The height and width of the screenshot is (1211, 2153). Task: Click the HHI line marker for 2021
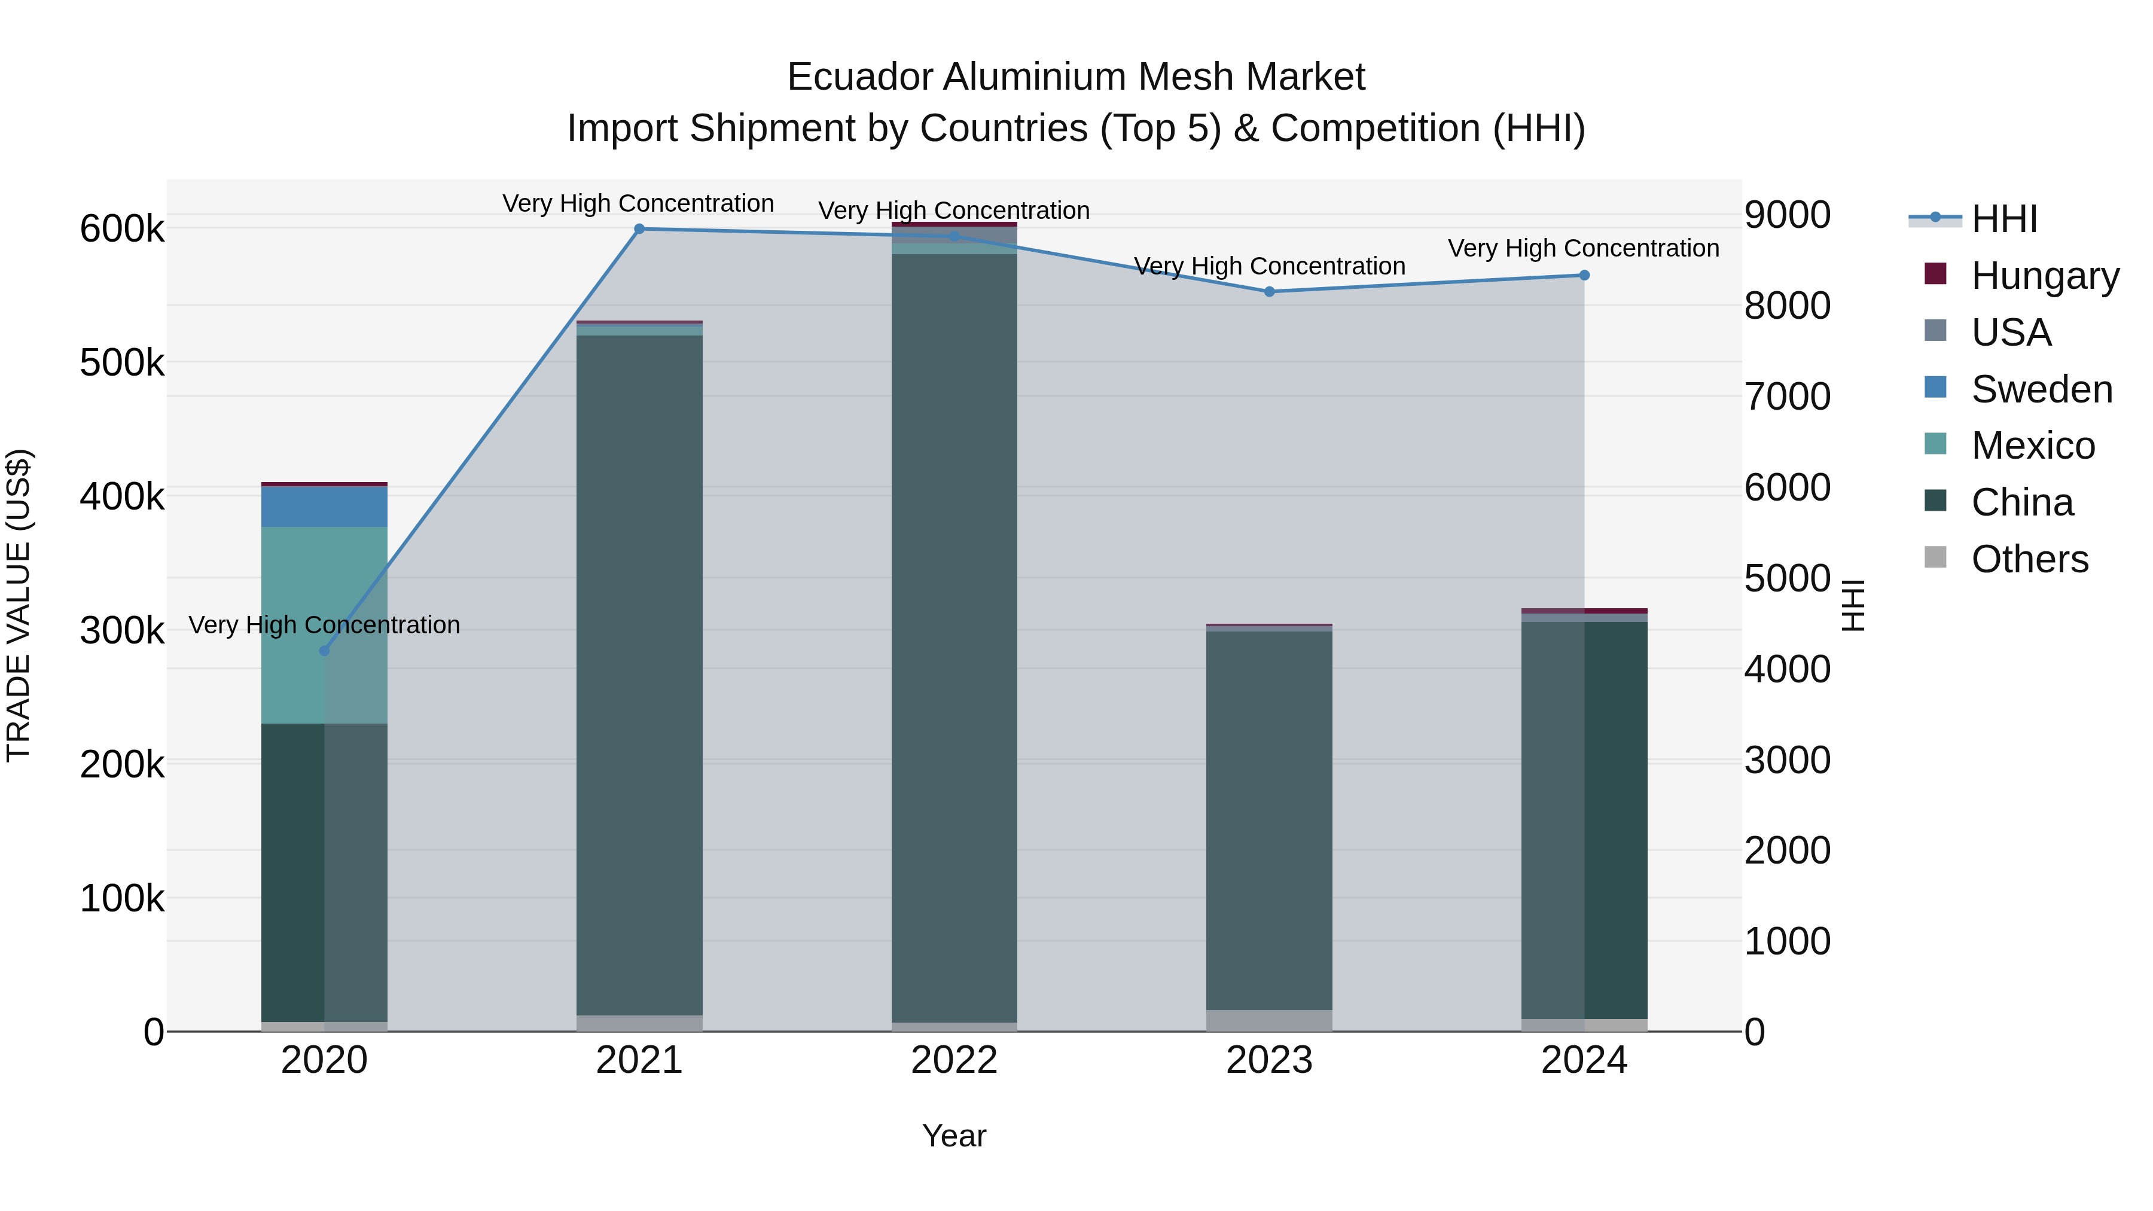(x=639, y=229)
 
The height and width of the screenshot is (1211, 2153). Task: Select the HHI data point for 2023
(x=1268, y=292)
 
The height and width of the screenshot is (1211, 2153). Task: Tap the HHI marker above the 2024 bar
(x=1584, y=276)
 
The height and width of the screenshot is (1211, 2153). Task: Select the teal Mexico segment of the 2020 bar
(x=292, y=625)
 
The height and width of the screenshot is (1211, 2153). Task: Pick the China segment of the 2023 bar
(x=1268, y=819)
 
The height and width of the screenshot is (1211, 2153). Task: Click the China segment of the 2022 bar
(x=954, y=635)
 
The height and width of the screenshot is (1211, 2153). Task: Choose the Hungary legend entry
(x=2044, y=276)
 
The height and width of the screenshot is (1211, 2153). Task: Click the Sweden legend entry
(x=2041, y=389)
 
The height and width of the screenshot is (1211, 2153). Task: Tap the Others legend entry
(x=2029, y=559)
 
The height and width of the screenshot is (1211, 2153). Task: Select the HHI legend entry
(x=2003, y=219)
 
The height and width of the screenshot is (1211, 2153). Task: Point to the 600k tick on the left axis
(x=122, y=229)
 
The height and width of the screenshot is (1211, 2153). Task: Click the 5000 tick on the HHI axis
(x=1787, y=578)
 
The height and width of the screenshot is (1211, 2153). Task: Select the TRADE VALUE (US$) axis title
(x=19, y=605)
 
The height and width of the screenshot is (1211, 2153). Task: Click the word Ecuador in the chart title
(x=859, y=78)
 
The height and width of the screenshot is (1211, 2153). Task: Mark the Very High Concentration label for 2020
(x=324, y=625)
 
